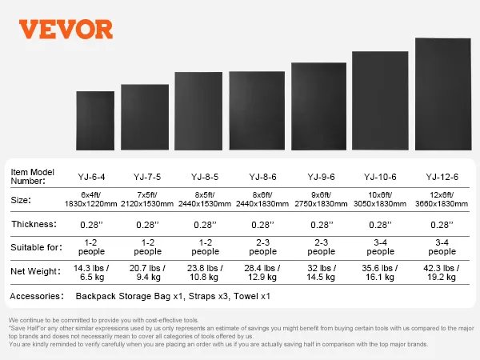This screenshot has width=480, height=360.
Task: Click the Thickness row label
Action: (x=34, y=225)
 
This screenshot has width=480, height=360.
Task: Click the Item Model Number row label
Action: (x=34, y=176)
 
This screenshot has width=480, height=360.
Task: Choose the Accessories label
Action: (x=38, y=297)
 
